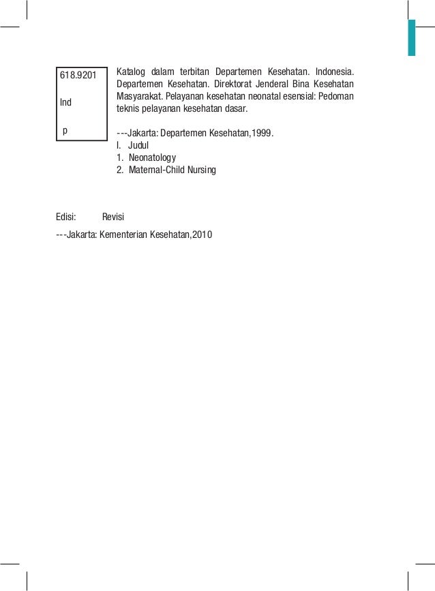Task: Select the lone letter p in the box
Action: pos(65,129)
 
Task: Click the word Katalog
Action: pos(132,72)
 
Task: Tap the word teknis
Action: pos(127,108)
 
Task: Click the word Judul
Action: pos(138,145)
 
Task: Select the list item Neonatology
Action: pos(151,157)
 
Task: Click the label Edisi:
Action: pos(66,217)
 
